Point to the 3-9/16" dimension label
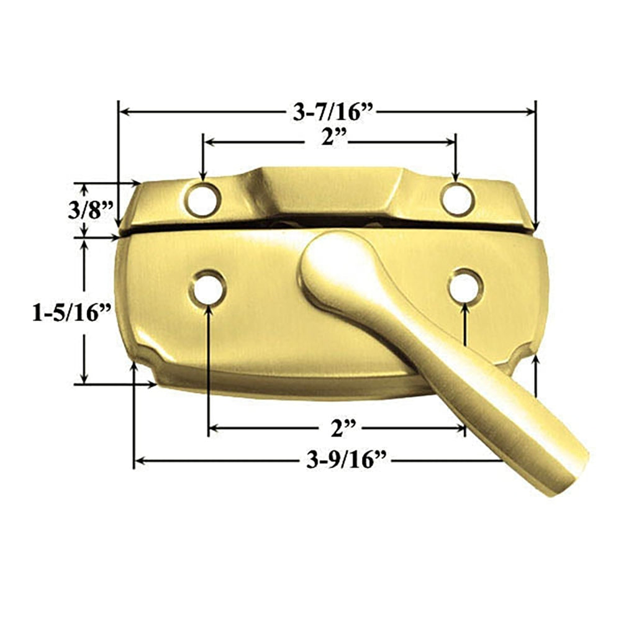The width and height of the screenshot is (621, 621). pyautogui.click(x=347, y=461)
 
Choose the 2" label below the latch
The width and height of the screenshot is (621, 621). pyautogui.click(x=342, y=428)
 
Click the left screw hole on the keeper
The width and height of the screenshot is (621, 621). pyautogui.click(x=204, y=199)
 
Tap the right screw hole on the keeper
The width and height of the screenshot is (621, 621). pyautogui.click(x=457, y=199)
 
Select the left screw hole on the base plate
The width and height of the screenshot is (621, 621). pyautogui.click(x=208, y=288)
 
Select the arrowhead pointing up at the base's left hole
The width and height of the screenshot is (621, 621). pyautogui.click(x=208, y=310)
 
